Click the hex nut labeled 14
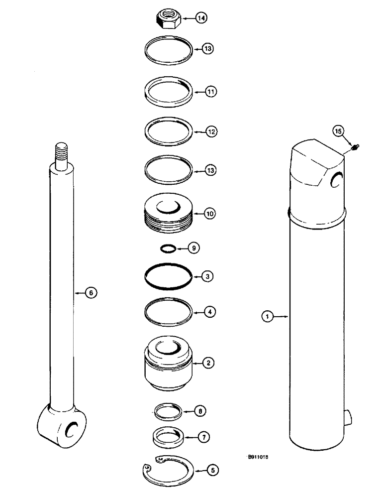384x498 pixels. [x=168, y=19]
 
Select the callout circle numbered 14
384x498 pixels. [x=201, y=18]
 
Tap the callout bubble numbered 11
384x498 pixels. [x=211, y=92]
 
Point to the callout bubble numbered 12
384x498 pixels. [x=211, y=132]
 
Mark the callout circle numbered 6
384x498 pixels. [x=90, y=293]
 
